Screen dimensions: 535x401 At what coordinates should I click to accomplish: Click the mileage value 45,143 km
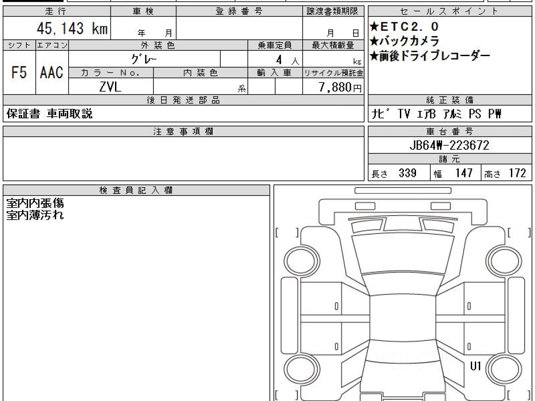click(x=72, y=28)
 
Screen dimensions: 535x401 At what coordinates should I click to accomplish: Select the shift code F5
click(x=19, y=72)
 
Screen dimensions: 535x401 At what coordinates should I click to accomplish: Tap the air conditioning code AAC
click(x=52, y=72)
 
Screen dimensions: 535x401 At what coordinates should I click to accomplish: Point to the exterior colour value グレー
click(x=144, y=59)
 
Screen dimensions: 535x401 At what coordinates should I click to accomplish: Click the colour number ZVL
click(x=111, y=87)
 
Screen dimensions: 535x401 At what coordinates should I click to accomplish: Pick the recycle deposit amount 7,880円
click(x=340, y=87)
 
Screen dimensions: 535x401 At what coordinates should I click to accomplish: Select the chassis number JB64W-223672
click(x=449, y=145)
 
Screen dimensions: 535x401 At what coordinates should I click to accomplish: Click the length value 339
click(x=407, y=173)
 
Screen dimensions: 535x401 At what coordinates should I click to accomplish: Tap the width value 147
click(x=464, y=173)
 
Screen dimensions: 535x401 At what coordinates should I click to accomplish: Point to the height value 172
click(x=517, y=173)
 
